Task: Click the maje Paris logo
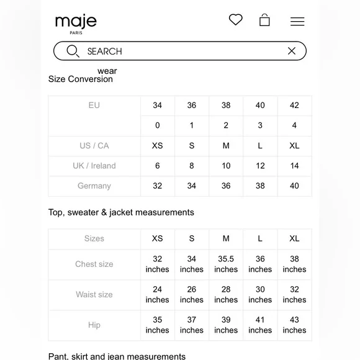coord(76,23)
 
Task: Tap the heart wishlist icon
coord(235,20)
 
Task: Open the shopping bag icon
coord(264,20)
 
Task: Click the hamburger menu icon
coord(297,22)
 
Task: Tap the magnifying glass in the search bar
coord(73,51)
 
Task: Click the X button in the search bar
coord(292,51)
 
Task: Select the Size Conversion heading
coord(81,79)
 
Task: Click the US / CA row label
coord(94,146)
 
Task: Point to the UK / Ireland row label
coord(94,166)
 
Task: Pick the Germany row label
coord(94,186)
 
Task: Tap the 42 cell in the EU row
coord(294,106)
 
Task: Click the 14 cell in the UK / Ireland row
coord(294,166)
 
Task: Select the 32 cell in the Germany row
coord(158,186)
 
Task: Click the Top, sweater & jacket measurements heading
coord(121,212)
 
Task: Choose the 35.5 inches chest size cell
coord(226,264)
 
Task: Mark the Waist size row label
coord(94,295)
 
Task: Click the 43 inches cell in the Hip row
coord(294,325)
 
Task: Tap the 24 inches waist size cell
coord(158,295)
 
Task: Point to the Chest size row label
coord(94,264)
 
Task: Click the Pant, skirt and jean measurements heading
coord(117,356)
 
